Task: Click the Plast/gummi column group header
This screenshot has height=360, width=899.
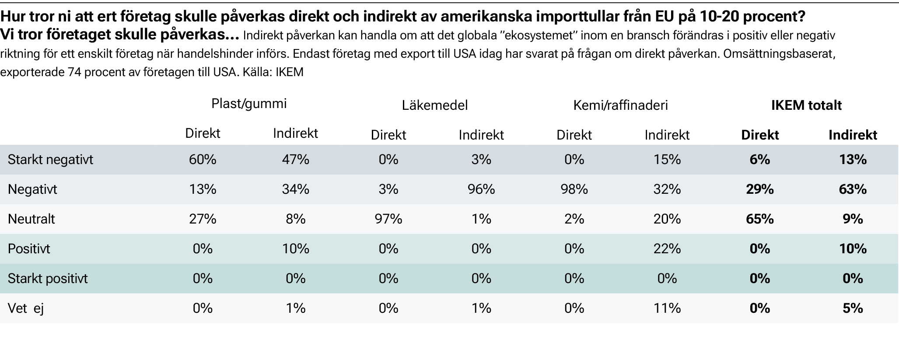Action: [249, 104]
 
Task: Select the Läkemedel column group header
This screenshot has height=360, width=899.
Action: [435, 105]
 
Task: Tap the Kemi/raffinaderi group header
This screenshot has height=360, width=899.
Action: [620, 105]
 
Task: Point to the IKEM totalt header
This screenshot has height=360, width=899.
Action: [806, 105]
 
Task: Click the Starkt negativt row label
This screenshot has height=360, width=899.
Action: [50, 160]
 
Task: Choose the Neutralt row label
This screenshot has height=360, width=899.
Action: [31, 219]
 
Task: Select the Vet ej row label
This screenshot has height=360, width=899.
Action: [26, 308]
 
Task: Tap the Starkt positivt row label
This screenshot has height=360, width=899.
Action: [48, 279]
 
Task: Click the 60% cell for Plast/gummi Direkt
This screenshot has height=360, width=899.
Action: [203, 160]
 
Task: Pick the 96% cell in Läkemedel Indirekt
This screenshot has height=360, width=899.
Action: [481, 189]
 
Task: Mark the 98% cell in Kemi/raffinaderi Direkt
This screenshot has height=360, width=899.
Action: [574, 189]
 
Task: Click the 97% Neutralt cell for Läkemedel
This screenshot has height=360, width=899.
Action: [388, 219]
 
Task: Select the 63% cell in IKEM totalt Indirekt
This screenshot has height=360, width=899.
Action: [853, 189]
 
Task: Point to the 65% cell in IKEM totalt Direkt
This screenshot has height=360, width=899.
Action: [759, 219]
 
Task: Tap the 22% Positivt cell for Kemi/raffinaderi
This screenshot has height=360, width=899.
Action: [667, 249]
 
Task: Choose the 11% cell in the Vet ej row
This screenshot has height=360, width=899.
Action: [667, 308]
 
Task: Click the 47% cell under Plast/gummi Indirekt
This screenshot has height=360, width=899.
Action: [295, 160]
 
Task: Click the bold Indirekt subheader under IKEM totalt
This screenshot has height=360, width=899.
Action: [853, 135]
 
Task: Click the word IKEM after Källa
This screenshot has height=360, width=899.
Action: [289, 72]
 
